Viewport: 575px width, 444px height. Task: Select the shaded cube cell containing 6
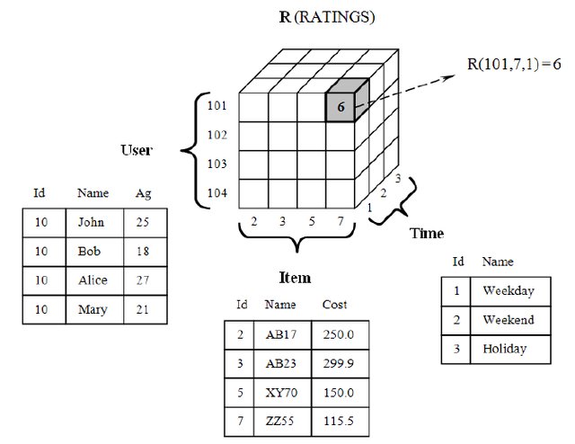pyautogui.click(x=341, y=106)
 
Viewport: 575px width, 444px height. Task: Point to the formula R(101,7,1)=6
pyautogui.click(x=514, y=64)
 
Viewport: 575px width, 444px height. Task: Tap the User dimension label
pyautogui.click(x=136, y=150)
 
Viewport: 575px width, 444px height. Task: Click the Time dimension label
pyautogui.click(x=426, y=234)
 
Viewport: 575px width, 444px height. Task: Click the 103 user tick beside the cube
pyautogui.click(x=217, y=164)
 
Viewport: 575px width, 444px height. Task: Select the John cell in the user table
pyautogui.click(x=91, y=222)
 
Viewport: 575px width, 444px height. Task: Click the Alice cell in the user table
pyautogui.click(x=92, y=280)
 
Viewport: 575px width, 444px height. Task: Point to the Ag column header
pyautogui.click(x=143, y=192)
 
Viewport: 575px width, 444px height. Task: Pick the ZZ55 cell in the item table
pyautogui.click(x=280, y=421)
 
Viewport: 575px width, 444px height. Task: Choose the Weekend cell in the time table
pyautogui.click(x=508, y=320)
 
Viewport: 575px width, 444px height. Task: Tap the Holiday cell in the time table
pyautogui.click(x=504, y=349)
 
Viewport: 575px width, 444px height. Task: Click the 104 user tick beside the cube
pyautogui.click(x=217, y=192)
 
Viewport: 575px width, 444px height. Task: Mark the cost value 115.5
pyautogui.click(x=338, y=421)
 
